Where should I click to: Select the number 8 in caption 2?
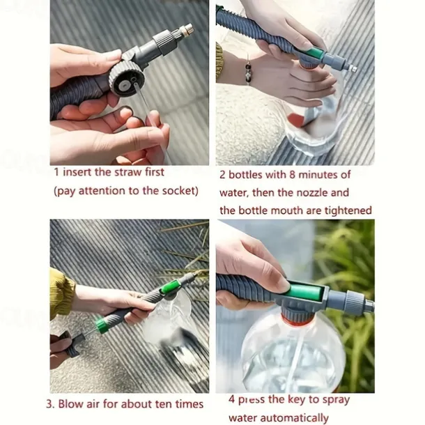tap(292, 175)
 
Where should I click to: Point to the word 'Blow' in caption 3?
tap(71, 404)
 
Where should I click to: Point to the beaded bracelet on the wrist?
tap(248, 69)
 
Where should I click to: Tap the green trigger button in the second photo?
tap(314, 52)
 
